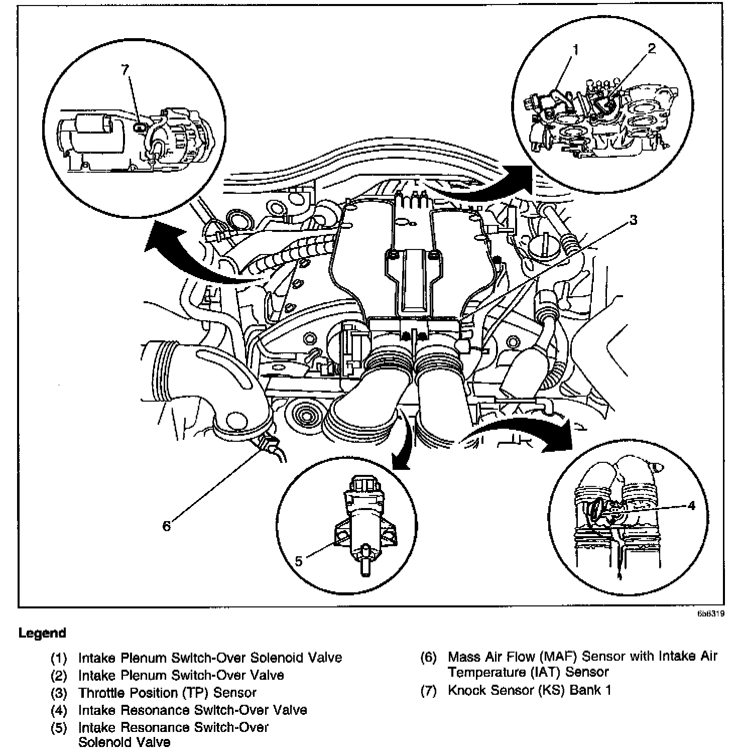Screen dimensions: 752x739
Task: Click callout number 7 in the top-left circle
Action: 126,69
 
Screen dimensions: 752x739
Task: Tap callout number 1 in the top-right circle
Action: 575,49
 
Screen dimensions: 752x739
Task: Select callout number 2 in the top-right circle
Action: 651,48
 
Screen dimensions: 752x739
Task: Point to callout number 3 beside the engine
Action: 633,220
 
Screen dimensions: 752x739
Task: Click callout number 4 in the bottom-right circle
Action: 691,506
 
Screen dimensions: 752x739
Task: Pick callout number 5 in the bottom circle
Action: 299,561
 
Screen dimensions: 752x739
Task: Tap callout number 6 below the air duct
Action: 166,526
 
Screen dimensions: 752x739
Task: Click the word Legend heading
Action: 42,633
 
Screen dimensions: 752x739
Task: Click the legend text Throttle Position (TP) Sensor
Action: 167,693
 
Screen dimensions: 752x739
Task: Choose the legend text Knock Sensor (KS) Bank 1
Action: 530,690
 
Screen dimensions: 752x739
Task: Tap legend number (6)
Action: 428,657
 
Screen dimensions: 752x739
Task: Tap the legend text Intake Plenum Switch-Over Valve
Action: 181,675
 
